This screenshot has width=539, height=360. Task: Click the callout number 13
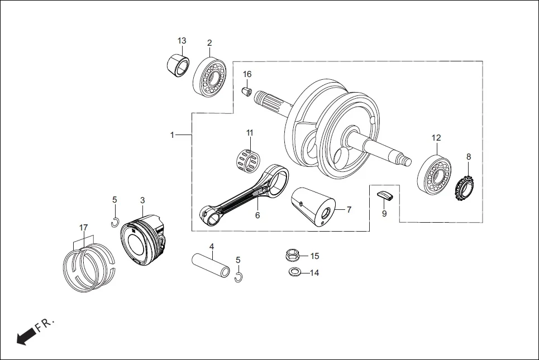click(x=182, y=41)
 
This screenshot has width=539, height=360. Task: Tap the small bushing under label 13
click(x=178, y=65)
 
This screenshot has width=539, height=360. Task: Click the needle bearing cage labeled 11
click(x=246, y=159)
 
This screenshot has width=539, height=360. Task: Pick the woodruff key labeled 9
click(x=385, y=194)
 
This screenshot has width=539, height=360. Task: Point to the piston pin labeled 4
click(x=211, y=265)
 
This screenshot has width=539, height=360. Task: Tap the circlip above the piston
click(x=114, y=222)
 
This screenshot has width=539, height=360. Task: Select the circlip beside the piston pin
click(x=239, y=277)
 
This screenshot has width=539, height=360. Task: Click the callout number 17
click(x=83, y=228)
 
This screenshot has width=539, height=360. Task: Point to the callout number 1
click(x=173, y=135)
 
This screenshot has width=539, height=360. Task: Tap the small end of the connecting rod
click(x=209, y=215)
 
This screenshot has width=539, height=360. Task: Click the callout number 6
click(x=257, y=215)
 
